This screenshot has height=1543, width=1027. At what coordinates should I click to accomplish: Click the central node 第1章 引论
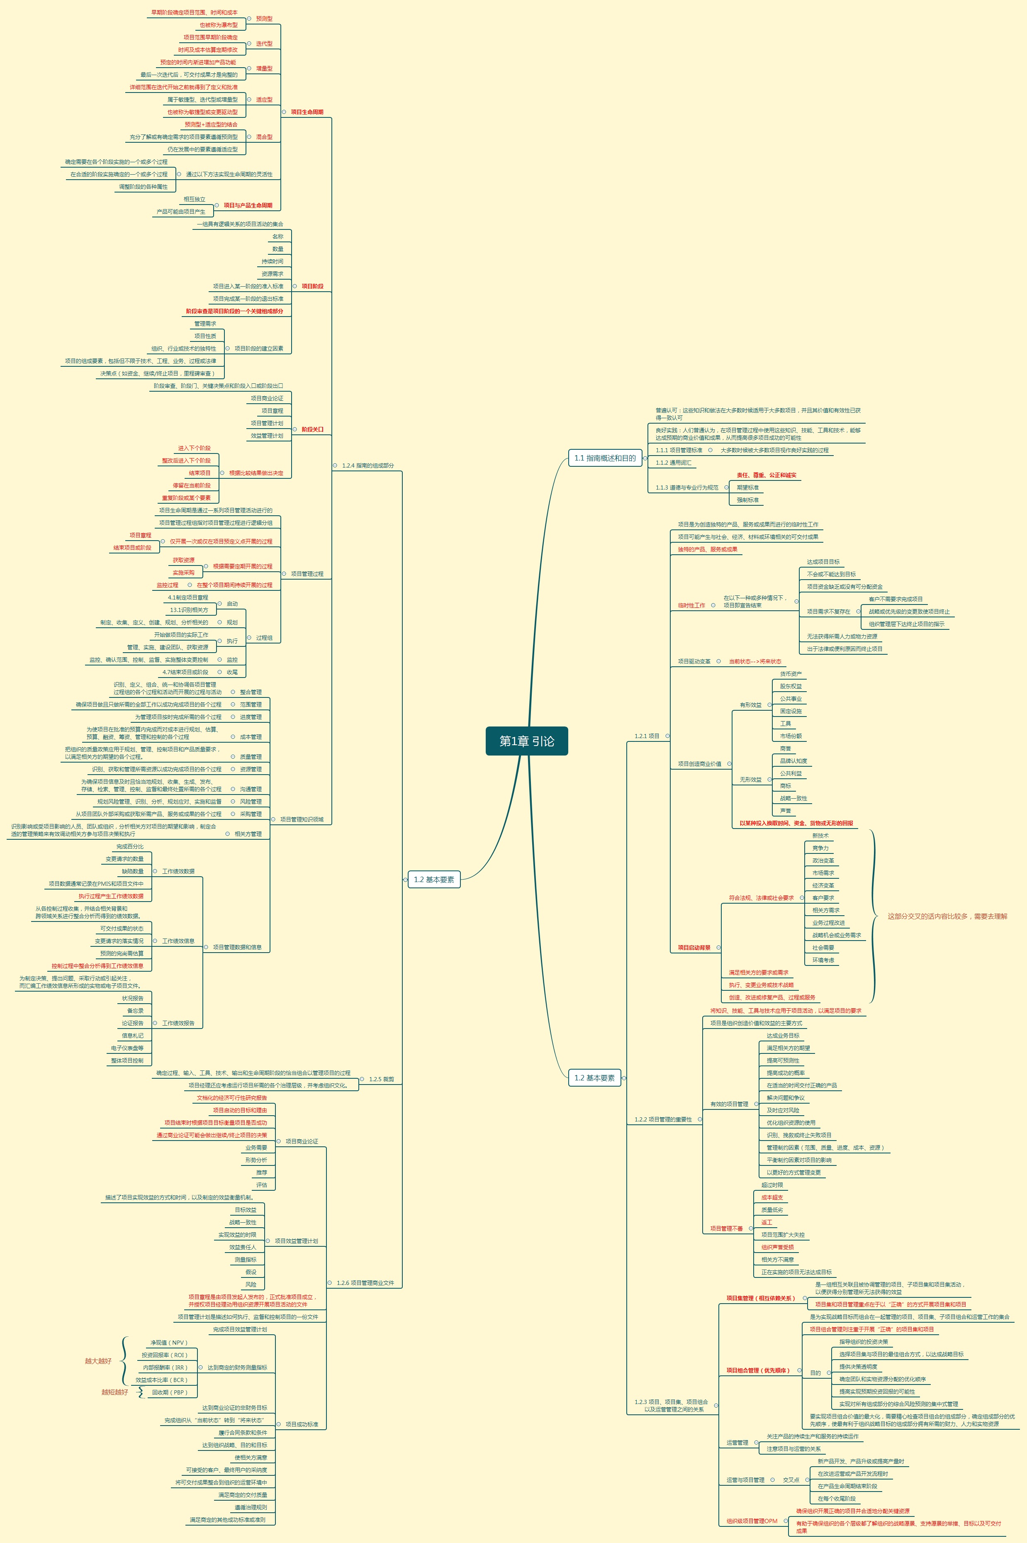tap(527, 741)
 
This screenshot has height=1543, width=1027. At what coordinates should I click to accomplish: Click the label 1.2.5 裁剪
tap(381, 1079)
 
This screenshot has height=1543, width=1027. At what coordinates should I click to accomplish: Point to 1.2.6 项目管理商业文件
tap(365, 1283)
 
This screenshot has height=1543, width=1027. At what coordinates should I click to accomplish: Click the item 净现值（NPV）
tap(169, 1343)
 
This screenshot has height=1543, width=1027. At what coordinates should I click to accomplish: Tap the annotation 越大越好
tap(98, 1361)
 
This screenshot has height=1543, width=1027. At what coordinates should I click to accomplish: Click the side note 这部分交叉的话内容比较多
tap(947, 917)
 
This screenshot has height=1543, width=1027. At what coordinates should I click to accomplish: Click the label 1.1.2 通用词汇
tap(673, 463)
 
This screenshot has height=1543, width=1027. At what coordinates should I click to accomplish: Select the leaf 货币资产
tap(791, 673)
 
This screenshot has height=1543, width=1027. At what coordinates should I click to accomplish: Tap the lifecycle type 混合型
tap(264, 137)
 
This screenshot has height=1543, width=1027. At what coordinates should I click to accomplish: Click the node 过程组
tap(264, 638)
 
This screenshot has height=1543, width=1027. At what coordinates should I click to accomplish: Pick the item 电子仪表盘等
tap(127, 1048)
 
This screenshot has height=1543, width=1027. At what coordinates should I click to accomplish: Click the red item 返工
tap(767, 1222)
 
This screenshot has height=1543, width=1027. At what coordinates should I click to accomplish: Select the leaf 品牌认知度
tap(793, 761)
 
